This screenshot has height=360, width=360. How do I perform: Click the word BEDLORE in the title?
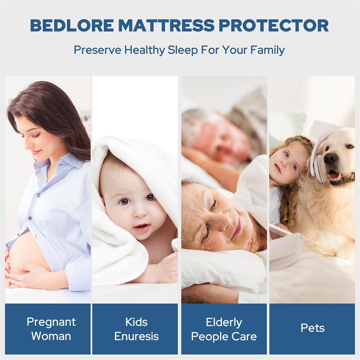pyautogui.click(x=72, y=25)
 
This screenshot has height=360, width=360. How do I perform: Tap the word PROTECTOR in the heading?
pyautogui.click(x=274, y=25)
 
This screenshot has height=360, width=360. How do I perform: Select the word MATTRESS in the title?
pyautogui.click(x=166, y=25)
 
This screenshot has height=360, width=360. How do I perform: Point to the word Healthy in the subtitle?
pyautogui.click(x=144, y=50)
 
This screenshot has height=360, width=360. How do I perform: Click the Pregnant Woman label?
pyautogui.click(x=51, y=329)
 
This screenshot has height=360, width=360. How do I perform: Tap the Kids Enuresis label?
pyautogui.click(x=136, y=329)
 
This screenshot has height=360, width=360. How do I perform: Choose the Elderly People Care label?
pyautogui.click(x=224, y=329)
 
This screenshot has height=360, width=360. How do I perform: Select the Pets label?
pyautogui.click(x=312, y=328)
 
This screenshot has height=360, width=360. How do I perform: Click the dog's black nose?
pyautogui.click(x=331, y=159)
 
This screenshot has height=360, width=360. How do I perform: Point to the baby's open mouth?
pyautogui.click(x=142, y=228)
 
